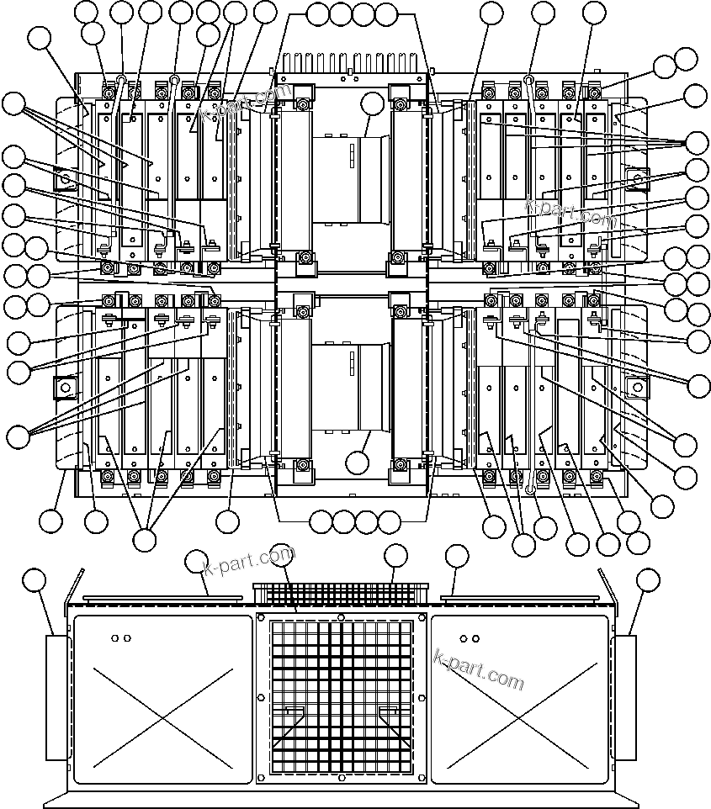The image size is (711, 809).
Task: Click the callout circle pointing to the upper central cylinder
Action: [x=371, y=105]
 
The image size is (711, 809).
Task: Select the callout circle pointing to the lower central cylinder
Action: [x=358, y=462]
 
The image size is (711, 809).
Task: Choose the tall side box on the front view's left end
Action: [x=56, y=698]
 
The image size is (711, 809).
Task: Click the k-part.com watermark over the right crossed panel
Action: [x=478, y=668]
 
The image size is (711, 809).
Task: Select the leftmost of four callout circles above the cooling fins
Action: [x=318, y=14]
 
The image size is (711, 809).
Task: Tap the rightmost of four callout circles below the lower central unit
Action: [x=389, y=522]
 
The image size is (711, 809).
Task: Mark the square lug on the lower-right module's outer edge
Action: [x=637, y=388]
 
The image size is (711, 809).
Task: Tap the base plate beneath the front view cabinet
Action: [x=341, y=796]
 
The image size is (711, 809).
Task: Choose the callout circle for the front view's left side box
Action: [x=34, y=580]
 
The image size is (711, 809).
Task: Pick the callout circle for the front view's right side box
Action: [x=648, y=580]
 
